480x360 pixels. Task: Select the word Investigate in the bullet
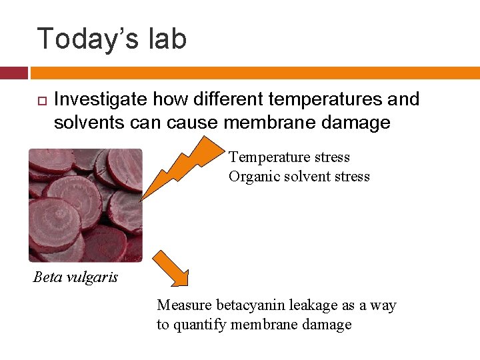pyautogui.click(x=101, y=100)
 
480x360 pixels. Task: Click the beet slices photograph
pyautogui.click(x=85, y=205)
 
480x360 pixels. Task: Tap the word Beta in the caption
pyautogui.click(x=47, y=277)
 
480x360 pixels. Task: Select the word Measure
pyautogui.click(x=185, y=305)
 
